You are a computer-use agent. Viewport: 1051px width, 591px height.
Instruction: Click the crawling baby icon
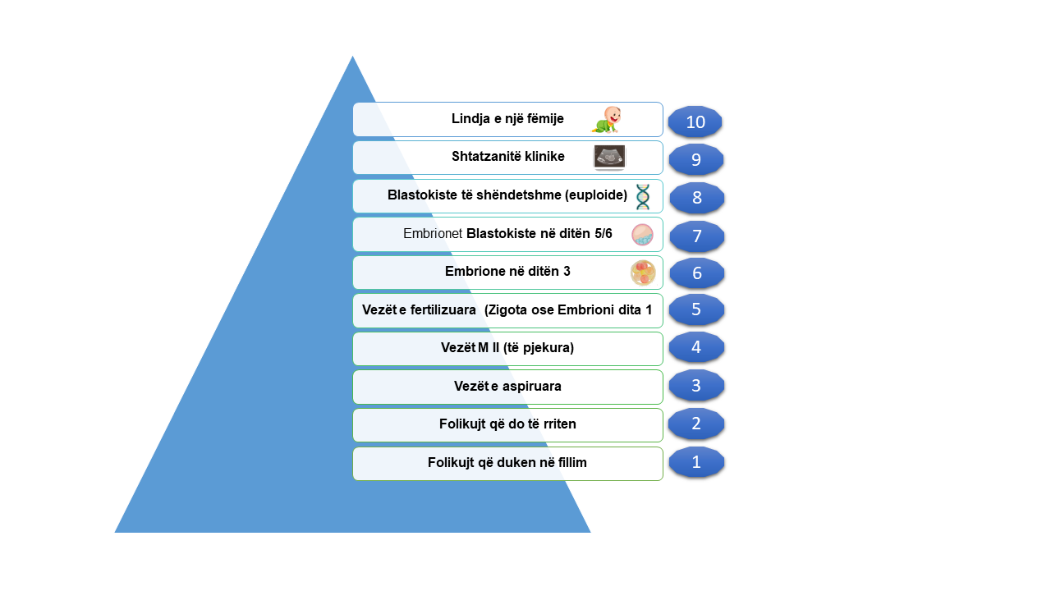point(606,120)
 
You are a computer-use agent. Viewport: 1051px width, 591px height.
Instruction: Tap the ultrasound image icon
point(609,157)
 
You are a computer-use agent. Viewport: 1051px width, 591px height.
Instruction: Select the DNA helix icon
point(642,196)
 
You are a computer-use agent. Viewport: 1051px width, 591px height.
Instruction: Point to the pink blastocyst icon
point(642,235)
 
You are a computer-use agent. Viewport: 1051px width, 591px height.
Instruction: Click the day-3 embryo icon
point(643,273)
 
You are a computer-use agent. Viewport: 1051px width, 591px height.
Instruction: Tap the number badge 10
point(695,122)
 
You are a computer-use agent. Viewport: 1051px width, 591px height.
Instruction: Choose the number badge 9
point(695,160)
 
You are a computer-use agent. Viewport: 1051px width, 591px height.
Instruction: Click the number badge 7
point(697,236)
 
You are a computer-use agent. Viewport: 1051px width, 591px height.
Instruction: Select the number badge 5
point(696,309)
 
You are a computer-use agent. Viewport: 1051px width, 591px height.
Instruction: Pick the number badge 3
point(696,386)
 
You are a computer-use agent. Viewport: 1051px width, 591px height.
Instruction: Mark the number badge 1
point(696,462)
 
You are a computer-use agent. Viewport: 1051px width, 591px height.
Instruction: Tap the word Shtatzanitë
point(485,156)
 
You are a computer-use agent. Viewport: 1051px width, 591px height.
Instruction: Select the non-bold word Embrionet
point(433,234)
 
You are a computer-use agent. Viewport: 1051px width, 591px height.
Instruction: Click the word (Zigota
point(506,310)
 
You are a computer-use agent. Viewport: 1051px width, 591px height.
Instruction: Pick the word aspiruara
point(531,387)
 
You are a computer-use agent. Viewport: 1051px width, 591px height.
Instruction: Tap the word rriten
point(559,424)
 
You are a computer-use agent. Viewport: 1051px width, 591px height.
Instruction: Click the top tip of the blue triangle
point(352,57)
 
